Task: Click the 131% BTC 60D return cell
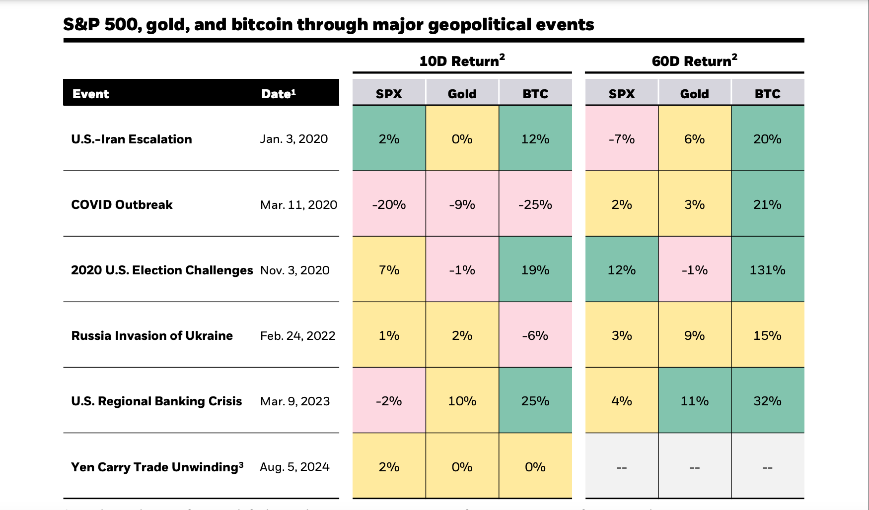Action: [767, 270]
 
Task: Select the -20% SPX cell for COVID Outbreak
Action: [389, 204]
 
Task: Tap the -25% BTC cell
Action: [535, 204]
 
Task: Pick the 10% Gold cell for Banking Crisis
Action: [462, 401]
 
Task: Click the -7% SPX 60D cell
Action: [622, 139]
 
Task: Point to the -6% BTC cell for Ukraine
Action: [535, 335]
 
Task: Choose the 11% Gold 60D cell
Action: [694, 401]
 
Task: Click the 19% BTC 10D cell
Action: [535, 270]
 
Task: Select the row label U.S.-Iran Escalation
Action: [132, 139]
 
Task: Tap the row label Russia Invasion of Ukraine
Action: [152, 335]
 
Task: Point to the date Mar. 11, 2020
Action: [298, 204]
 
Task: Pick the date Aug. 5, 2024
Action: [294, 467]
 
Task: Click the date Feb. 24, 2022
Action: [297, 335]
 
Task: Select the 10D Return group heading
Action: [462, 61]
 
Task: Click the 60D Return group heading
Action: [694, 61]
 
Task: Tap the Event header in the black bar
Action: [90, 94]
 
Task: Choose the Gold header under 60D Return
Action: [694, 94]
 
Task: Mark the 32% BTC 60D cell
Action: [767, 401]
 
